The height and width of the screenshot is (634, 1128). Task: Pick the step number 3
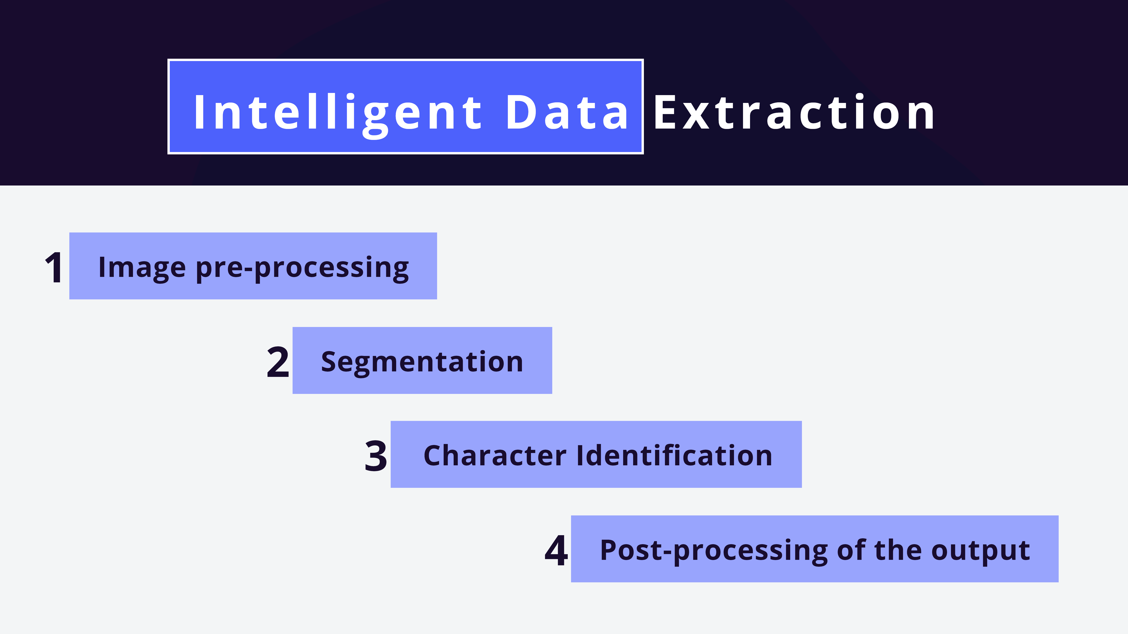376,456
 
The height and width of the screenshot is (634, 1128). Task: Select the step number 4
556,550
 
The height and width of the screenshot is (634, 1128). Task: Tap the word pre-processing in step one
302,268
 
